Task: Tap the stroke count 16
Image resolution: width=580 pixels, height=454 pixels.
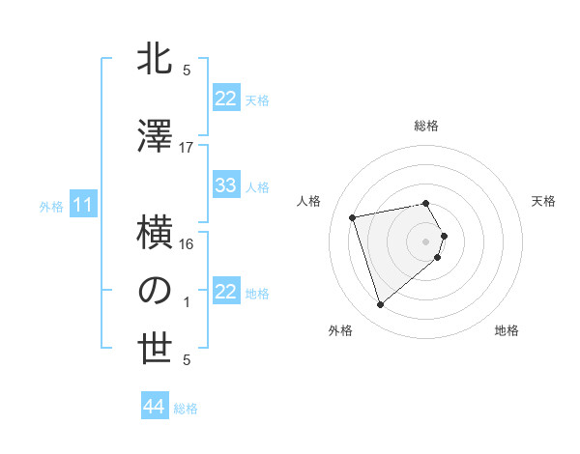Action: tap(187, 244)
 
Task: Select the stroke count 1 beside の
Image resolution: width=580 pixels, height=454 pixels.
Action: tap(187, 302)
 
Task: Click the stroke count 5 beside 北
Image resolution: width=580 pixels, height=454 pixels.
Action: tap(187, 70)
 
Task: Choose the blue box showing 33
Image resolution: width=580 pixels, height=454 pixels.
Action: tap(226, 185)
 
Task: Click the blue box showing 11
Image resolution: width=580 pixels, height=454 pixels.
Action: tap(82, 205)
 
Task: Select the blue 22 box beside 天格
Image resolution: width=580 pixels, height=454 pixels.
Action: tap(226, 99)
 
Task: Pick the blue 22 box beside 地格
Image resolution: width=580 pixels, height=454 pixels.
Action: tap(226, 292)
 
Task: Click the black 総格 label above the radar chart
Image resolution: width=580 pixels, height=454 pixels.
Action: tap(426, 126)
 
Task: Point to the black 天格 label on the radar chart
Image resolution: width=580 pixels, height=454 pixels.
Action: tap(544, 201)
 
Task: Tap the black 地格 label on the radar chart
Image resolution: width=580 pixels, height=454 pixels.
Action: tap(507, 330)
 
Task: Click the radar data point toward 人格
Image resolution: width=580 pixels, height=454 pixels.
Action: tap(353, 216)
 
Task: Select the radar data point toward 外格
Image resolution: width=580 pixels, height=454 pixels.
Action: tap(380, 305)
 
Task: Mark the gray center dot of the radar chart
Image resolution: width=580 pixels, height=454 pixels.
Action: tap(426, 240)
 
